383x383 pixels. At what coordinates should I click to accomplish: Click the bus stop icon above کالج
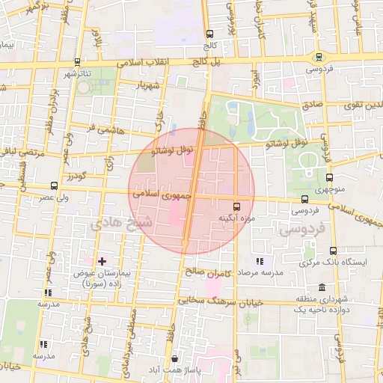pyautogui.click(x=209, y=34)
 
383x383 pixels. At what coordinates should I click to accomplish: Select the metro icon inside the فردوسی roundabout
pyautogui.click(x=319, y=57)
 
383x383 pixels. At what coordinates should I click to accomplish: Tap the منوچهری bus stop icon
pyautogui.click(x=329, y=177)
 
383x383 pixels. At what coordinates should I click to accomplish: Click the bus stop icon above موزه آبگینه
pyautogui.click(x=237, y=206)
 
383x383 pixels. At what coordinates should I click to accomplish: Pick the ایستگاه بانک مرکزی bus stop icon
pyautogui.click(x=333, y=251)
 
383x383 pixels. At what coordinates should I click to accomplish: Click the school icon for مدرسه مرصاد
pyautogui.click(x=260, y=261)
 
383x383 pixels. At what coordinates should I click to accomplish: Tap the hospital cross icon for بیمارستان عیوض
pyautogui.click(x=102, y=262)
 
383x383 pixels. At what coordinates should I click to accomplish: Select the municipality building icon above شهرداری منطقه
pyautogui.click(x=322, y=288)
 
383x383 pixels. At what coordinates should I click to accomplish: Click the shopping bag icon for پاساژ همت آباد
pyautogui.click(x=174, y=359)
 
